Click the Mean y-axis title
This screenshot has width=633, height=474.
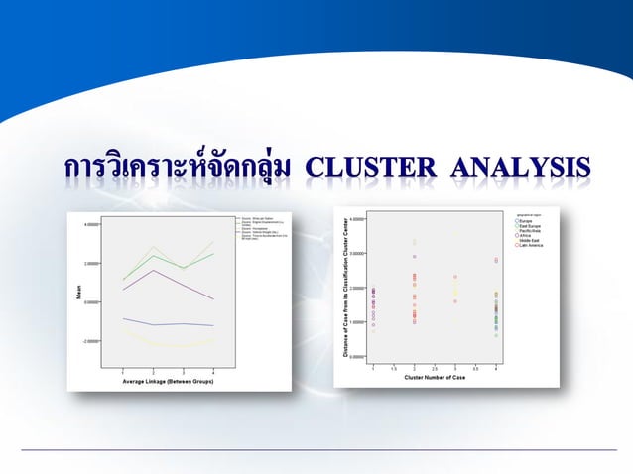pos(79,293)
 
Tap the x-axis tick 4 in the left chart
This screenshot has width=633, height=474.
pos(213,370)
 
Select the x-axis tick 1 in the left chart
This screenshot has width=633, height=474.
pos(123,370)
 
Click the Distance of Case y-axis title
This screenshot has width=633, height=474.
pos(346,288)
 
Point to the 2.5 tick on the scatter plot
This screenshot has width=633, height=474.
pos(435,367)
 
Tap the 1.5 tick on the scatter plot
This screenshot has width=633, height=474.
pos(394,367)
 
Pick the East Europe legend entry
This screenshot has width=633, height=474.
pos(530,225)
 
